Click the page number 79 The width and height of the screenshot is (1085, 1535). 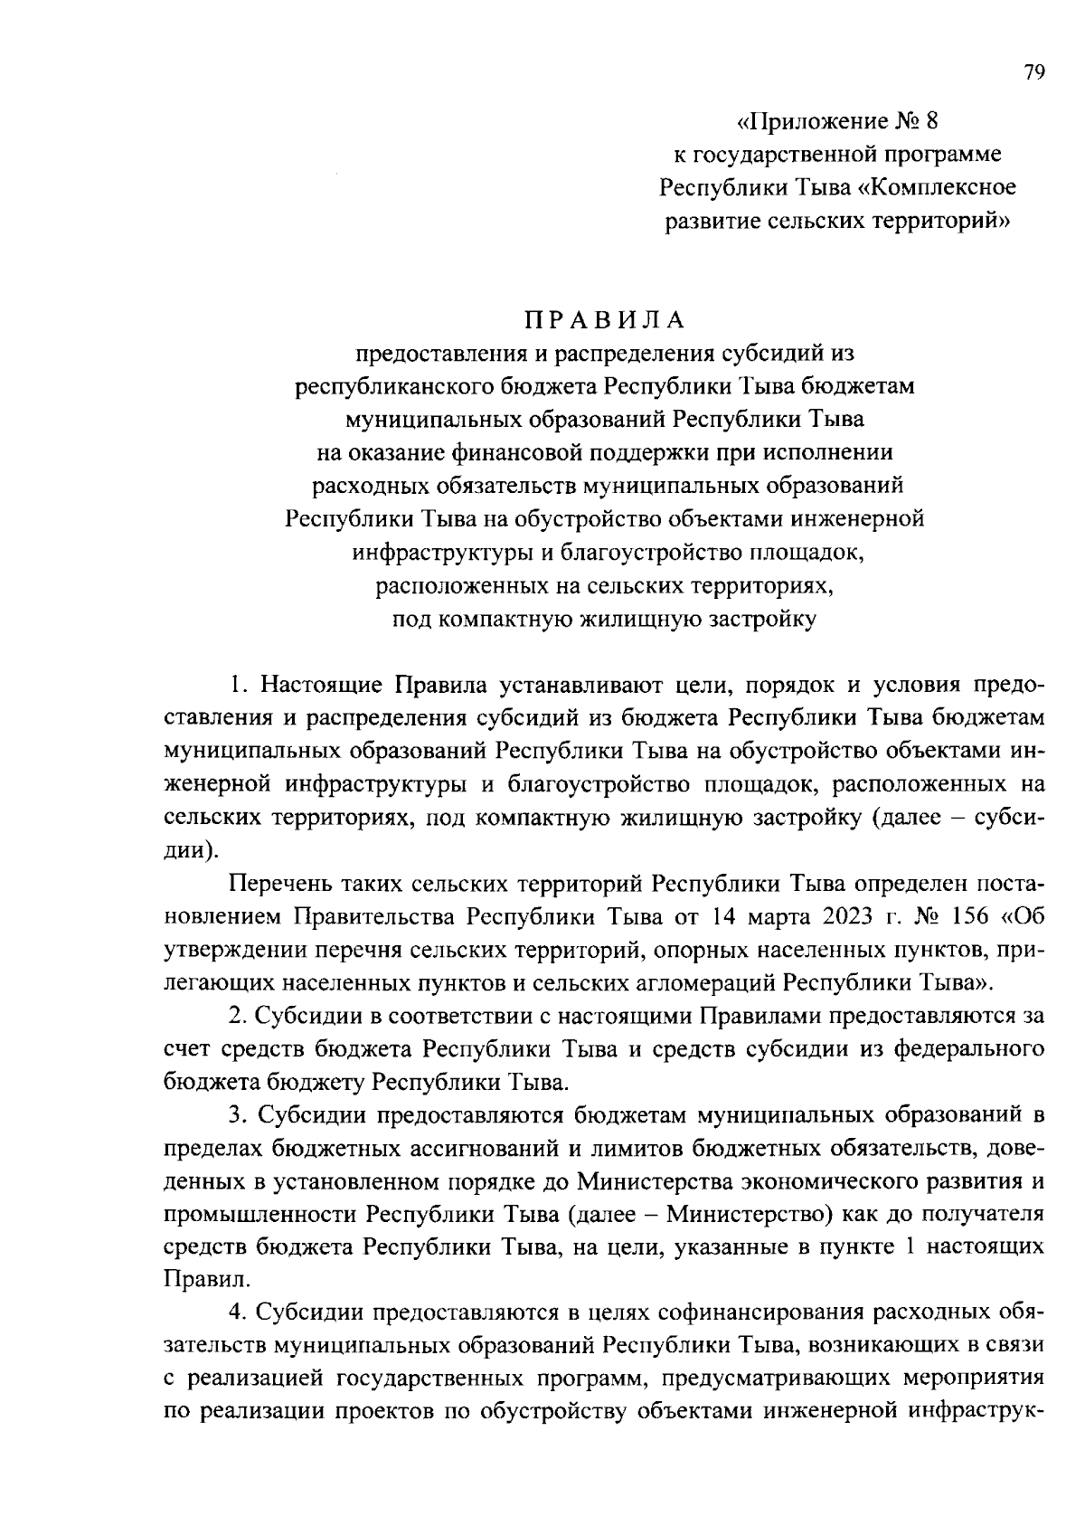(x=1034, y=73)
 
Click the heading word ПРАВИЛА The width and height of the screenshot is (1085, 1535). (x=604, y=320)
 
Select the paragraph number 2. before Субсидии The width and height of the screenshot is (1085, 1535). (x=238, y=1016)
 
